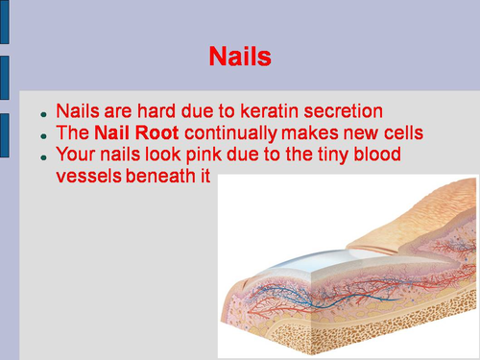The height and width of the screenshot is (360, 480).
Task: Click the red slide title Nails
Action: coord(240,58)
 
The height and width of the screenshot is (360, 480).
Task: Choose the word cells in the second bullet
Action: coord(400,132)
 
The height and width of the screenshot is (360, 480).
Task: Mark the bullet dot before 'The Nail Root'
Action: coord(43,134)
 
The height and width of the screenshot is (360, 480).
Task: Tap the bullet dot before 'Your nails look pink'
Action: coord(43,156)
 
